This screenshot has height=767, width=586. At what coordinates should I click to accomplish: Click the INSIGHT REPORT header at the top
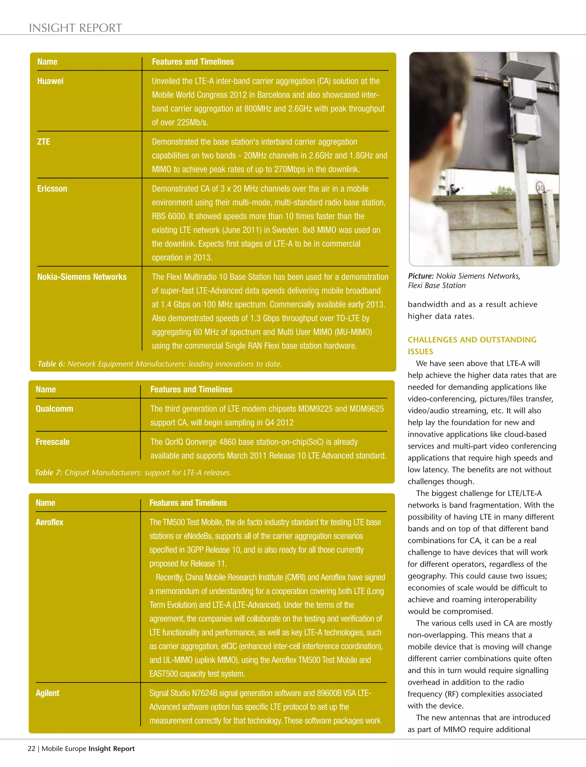click(75, 28)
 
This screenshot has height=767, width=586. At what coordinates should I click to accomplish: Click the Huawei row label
click(50, 81)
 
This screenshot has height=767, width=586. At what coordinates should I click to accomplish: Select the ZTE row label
click(43, 142)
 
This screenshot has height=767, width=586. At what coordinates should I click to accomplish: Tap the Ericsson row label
click(52, 188)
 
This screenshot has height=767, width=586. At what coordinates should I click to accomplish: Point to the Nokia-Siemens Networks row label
click(82, 277)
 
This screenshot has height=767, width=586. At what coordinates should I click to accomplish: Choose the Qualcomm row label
click(54, 409)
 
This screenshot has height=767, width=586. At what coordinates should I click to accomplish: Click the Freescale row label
click(52, 442)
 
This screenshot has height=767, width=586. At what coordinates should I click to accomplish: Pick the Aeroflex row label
click(49, 522)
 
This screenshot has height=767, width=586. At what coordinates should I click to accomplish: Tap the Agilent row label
click(47, 693)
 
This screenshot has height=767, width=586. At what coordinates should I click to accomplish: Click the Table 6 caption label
click(51, 364)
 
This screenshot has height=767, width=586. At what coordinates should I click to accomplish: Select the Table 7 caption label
click(48, 473)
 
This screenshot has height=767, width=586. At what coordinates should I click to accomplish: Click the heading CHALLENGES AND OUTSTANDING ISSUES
click(472, 345)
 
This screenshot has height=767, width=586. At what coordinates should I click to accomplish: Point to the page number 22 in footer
click(31, 748)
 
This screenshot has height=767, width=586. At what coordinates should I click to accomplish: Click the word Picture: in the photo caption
click(421, 276)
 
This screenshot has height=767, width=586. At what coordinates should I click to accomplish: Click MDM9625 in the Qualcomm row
click(364, 409)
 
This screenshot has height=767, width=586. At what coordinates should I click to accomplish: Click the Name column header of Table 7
click(46, 390)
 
